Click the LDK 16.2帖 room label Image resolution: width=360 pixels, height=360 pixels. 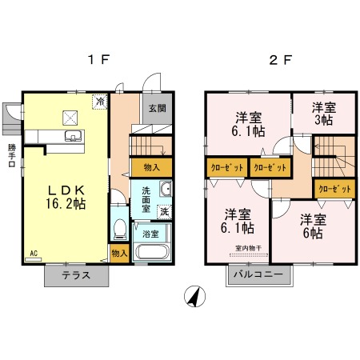[65, 198]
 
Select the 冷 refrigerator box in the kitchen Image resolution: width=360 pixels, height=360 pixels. [100, 102]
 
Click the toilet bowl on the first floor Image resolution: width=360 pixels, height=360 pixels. [119, 229]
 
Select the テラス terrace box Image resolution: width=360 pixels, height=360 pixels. [77, 275]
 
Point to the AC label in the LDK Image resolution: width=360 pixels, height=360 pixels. [34, 254]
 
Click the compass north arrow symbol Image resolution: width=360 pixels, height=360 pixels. [193, 295]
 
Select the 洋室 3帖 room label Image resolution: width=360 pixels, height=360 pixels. [322, 114]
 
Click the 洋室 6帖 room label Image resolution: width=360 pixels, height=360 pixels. [311, 226]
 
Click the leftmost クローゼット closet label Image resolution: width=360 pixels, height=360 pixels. [225, 168]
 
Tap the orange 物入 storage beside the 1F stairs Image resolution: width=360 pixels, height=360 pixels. [150, 167]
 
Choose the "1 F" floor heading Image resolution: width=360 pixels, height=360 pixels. [98, 60]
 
